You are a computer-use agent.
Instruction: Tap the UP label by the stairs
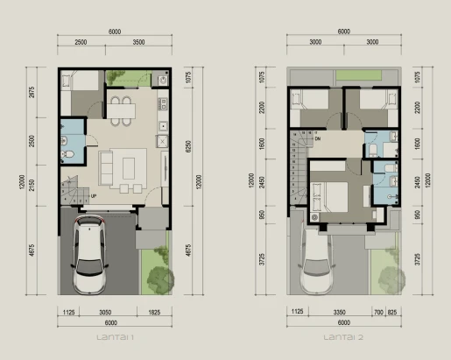point(94,195)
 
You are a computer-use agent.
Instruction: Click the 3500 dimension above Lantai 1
point(137,42)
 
